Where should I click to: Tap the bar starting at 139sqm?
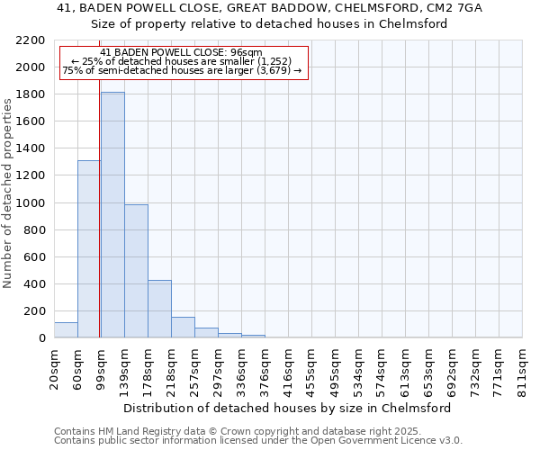(136, 271)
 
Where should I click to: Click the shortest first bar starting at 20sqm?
(66, 330)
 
